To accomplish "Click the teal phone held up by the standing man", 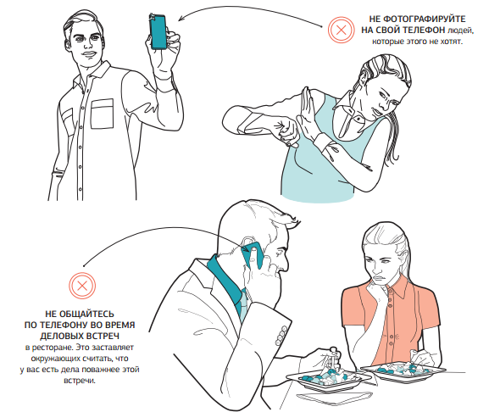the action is coord(158,31).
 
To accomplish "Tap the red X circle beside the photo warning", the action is coord(341,30).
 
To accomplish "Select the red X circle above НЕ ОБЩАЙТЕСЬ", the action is coord(82,286).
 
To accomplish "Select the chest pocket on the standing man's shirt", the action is coord(102,114).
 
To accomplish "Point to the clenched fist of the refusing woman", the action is coord(287,131).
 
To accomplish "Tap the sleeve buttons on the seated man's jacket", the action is coord(281,335).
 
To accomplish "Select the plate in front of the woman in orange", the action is coord(403,371).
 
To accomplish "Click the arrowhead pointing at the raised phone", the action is coord(181,19).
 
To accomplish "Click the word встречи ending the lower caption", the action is coord(80,381).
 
